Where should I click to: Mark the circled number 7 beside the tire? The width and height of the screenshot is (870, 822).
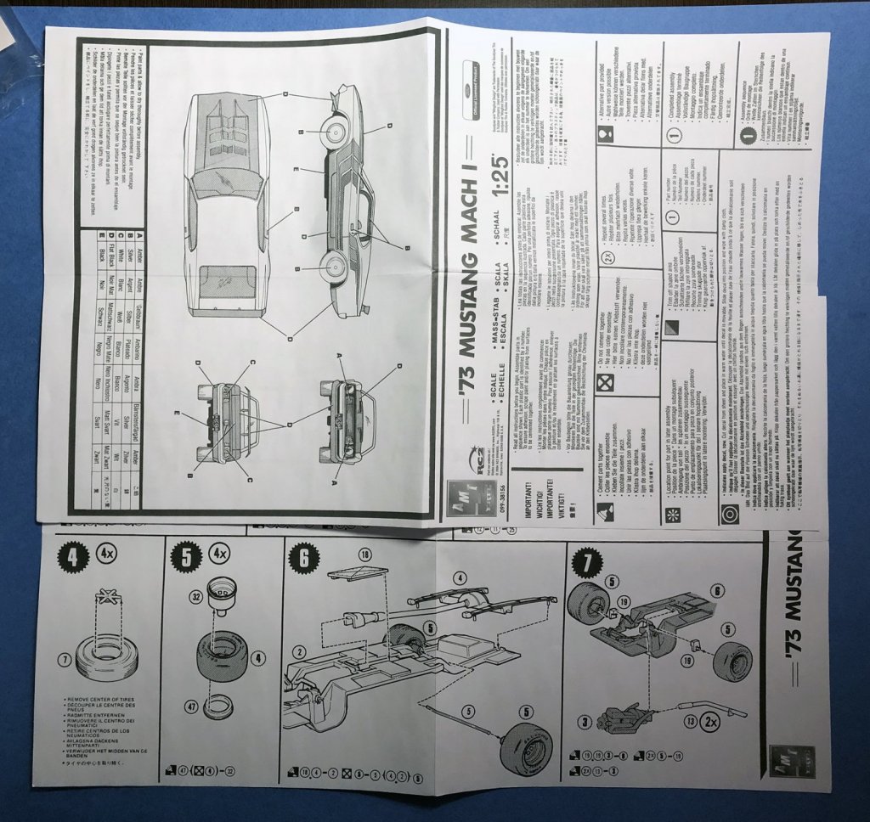64,658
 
